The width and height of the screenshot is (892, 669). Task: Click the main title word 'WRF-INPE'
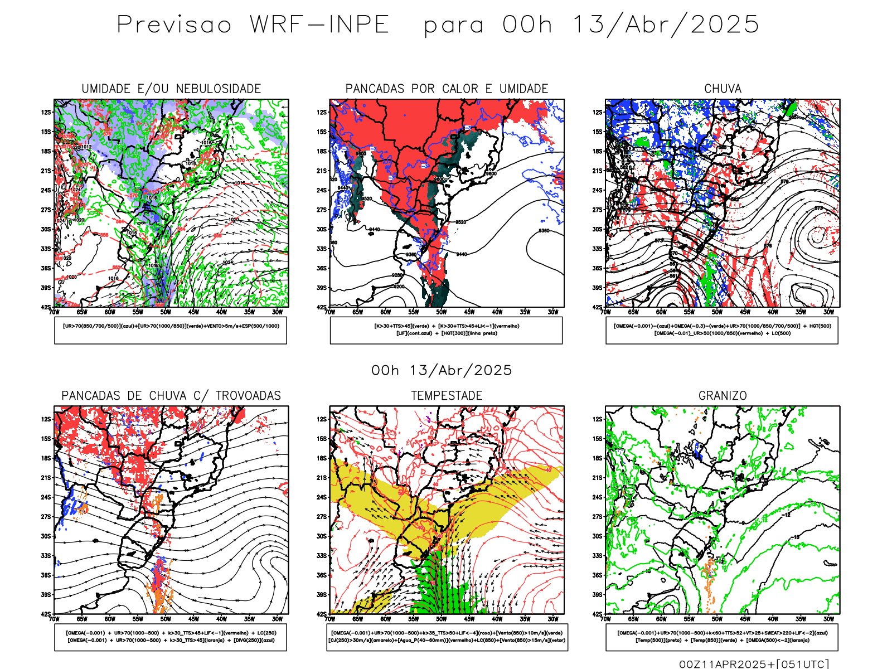click(319, 25)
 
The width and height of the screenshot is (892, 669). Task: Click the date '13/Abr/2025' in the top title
click(666, 25)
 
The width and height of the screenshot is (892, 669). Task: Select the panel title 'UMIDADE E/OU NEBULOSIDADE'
click(171, 89)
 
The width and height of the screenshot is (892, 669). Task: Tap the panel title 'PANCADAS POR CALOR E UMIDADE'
click(447, 89)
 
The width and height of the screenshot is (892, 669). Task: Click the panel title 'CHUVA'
click(723, 89)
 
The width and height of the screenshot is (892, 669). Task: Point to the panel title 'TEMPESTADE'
click(447, 396)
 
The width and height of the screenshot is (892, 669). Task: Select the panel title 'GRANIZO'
click(723, 396)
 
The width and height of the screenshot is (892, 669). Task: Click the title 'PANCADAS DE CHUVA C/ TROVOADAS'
click(171, 396)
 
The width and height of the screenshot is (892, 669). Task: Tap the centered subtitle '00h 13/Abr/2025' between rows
click(442, 371)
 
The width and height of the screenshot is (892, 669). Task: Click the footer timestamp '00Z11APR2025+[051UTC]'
click(754, 664)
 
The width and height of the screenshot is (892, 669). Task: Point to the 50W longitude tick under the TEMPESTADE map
click(442, 619)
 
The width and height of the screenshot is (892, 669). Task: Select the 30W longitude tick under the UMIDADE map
click(277, 312)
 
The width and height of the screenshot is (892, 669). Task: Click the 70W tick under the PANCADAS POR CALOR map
click(330, 312)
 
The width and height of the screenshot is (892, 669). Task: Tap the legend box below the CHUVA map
click(722, 330)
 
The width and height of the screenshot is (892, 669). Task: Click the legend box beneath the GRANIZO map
click(722, 637)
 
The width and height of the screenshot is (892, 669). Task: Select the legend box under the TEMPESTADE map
click(447, 637)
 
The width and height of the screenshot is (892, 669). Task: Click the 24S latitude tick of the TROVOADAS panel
click(46, 497)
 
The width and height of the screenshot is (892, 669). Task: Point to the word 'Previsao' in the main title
click(174, 25)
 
